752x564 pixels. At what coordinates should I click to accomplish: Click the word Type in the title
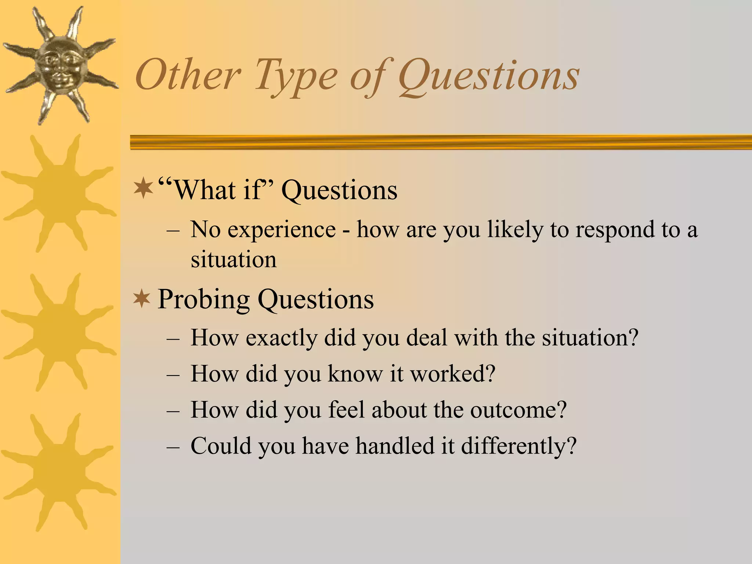(x=296, y=76)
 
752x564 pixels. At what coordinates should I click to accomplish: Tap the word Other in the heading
(x=188, y=76)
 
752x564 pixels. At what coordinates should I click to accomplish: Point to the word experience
(x=281, y=230)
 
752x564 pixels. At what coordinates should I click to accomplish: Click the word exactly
(x=281, y=338)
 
